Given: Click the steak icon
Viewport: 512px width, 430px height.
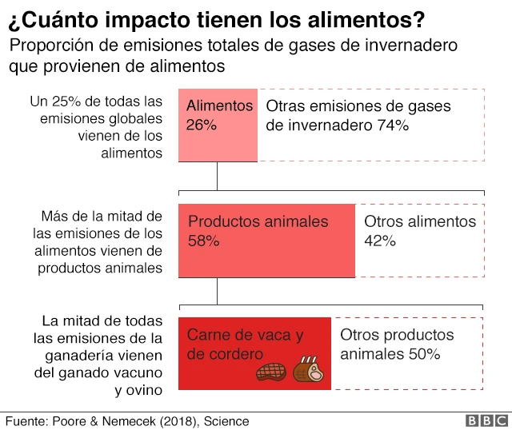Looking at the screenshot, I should click(x=270, y=372).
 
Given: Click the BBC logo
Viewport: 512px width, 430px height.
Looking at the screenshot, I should click(x=485, y=420).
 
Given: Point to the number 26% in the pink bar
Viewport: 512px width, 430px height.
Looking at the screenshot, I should click(x=202, y=125).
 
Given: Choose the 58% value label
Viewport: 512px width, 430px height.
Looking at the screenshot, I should click(x=203, y=241).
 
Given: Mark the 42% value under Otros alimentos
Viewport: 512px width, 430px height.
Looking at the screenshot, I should click(x=380, y=241).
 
